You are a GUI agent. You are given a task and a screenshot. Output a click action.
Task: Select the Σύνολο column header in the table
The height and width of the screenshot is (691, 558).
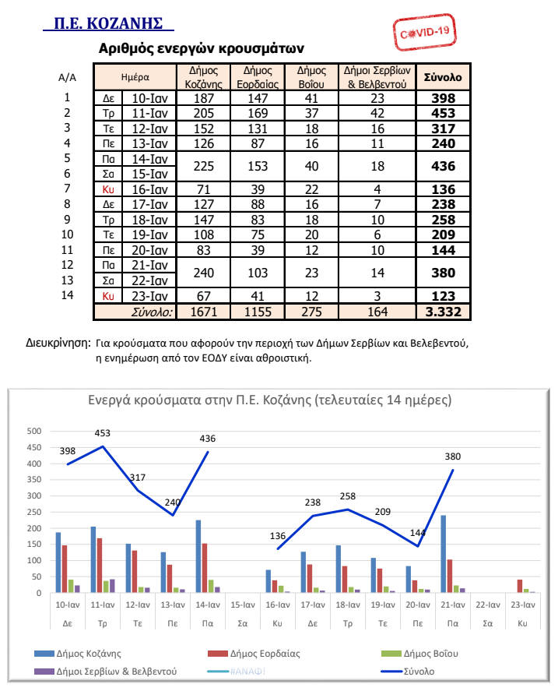pyautogui.click(x=442, y=77)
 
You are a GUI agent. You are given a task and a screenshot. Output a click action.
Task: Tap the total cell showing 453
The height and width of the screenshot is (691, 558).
pyautogui.click(x=442, y=113)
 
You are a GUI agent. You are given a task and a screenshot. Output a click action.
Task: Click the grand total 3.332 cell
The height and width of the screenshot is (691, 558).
pyautogui.click(x=442, y=312)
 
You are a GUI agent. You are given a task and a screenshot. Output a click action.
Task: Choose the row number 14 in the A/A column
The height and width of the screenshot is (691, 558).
pyautogui.click(x=67, y=295)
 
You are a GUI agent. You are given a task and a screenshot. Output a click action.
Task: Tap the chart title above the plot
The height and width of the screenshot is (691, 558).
pyautogui.click(x=279, y=400)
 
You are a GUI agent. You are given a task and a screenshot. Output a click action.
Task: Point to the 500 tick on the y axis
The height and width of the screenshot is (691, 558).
pyautogui.click(x=35, y=431)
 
